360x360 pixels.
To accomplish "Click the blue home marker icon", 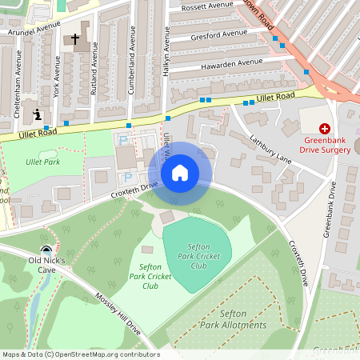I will [x=180, y=173].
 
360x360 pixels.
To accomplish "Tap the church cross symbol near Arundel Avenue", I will [x=77, y=38].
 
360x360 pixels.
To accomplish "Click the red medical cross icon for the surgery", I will [x=325, y=128].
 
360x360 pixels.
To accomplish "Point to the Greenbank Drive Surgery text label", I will [x=325, y=143].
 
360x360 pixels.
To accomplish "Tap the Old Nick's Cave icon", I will [x=47, y=250].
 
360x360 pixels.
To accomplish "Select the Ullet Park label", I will [x=42, y=162].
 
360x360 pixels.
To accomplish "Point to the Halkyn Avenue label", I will [x=167, y=54].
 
